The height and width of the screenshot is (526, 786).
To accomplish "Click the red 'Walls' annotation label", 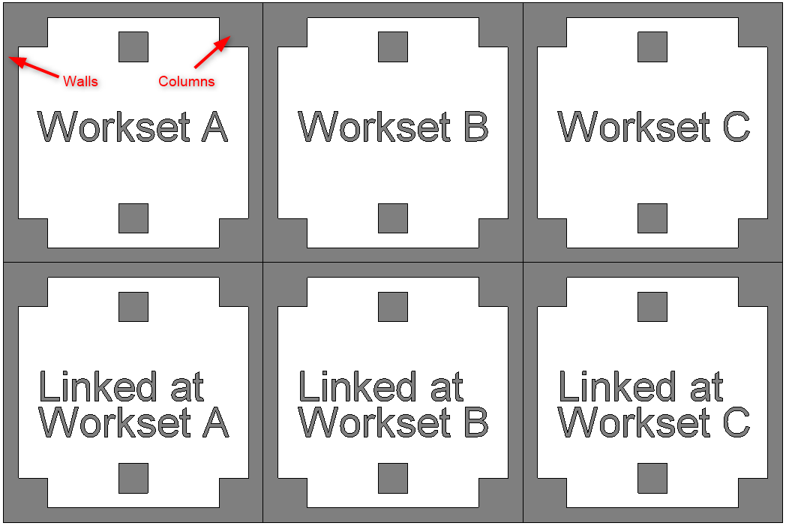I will coord(80,81).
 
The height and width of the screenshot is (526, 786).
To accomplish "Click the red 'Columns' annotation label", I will coord(186,81).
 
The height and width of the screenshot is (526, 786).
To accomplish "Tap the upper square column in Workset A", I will coord(133,47).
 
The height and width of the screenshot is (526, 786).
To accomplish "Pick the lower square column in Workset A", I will coord(133,218).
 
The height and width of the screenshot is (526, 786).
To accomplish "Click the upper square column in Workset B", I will coord(393,47).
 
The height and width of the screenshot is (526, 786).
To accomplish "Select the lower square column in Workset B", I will coord(393,218).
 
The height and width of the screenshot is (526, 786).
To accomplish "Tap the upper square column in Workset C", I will coord(652,47).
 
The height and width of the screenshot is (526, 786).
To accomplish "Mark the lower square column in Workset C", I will coord(652,218).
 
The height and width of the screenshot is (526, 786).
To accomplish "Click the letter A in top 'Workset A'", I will coord(214,127).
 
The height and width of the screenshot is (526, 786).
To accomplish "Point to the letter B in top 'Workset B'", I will coord(475,127).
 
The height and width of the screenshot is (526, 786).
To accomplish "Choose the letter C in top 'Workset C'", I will coord(736,127).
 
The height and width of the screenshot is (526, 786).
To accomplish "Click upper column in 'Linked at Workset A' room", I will coord(133,307).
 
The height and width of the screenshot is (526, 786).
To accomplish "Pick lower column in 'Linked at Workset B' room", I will coord(393,478).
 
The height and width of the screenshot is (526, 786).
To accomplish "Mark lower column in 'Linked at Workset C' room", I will coord(652,478).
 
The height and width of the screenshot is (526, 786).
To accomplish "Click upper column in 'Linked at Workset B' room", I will coord(393,307).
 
